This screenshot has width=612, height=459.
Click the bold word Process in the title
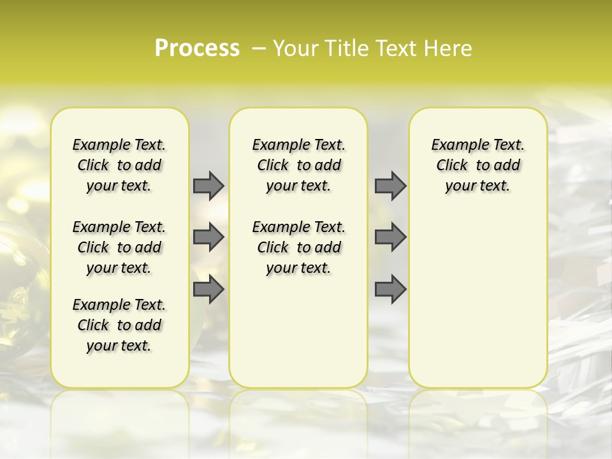pos(197,48)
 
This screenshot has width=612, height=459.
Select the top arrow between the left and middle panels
pos(208,186)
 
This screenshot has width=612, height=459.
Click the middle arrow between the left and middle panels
pos(208,238)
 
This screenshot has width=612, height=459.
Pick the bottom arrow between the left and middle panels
pos(208,289)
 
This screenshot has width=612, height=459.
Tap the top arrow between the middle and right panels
pos(390,186)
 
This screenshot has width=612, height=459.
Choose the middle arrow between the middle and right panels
pos(390,238)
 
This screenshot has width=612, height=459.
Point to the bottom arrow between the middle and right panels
pos(390,289)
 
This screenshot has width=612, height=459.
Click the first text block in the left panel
pos(119,165)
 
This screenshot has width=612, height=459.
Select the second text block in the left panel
pos(119,247)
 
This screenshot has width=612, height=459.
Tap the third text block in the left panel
pos(119,325)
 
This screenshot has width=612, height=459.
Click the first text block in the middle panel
pos(298,165)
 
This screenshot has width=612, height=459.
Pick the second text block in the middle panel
pos(298,247)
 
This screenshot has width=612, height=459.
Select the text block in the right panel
pos(477,165)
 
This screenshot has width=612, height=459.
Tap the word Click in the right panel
pos(452,166)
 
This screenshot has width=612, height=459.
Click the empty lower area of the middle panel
pos(298,331)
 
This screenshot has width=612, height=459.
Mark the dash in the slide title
pos(259,48)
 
